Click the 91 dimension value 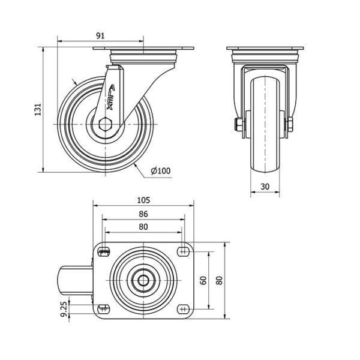[100, 36]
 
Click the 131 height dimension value [38, 110]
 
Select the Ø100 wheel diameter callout [161, 171]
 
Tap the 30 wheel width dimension [265, 187]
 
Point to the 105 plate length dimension [143, 200]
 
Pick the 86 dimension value [143, 214]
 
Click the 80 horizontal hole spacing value [143, 227]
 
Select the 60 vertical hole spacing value [203, 280]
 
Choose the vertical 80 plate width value [220, 280]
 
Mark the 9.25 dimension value [65, 309]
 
